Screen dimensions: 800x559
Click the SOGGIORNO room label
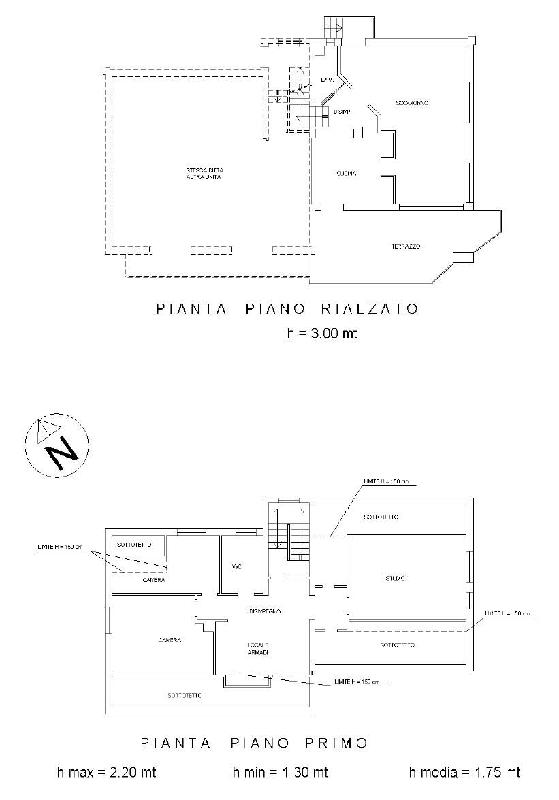(412, 103)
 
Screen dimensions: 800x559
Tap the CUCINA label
(346, 174)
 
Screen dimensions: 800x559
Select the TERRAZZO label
(406, 246)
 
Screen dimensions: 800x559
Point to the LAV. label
(327, 81)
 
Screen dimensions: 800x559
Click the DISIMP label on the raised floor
(342, 112)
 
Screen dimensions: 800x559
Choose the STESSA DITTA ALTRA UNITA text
(204, 174)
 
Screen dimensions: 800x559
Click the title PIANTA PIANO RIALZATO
(287, 308)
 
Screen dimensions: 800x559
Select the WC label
(237, 566)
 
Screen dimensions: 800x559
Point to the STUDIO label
(395, 579)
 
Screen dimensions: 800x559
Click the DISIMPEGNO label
(266, 611)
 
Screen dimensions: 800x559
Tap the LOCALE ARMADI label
(258, 649)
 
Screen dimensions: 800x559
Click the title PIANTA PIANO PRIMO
(254, 742)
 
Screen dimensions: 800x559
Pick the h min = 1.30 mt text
(281, 772)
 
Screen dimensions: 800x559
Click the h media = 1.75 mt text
(464, 772)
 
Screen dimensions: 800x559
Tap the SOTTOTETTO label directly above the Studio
(381, 517)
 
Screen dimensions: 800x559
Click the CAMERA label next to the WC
(154, 580)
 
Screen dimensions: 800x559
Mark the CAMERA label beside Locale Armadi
(169, 640)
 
